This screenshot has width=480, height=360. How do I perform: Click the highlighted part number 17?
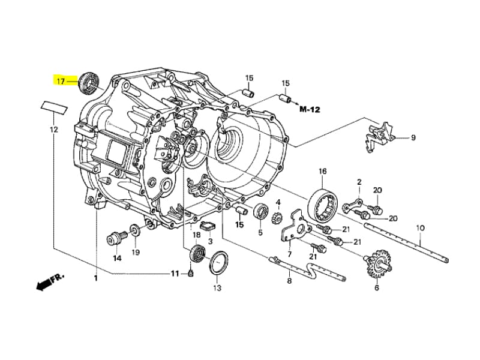(61, 80)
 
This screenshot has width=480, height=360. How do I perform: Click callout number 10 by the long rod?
(419, 228)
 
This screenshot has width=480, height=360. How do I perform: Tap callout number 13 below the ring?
(217, 288)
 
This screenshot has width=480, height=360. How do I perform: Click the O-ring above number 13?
(218, 262)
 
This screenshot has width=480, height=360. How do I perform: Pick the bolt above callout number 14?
(115, 238)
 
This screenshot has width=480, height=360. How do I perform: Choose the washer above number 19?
(135, 229)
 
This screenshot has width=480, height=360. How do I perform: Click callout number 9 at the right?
(413, 138)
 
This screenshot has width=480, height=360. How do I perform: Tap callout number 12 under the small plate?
(53, 129)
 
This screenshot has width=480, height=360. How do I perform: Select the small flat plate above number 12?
(53, 107)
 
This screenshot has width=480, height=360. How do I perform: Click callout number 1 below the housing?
(95, 278)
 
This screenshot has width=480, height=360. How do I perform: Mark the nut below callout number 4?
(278, 217)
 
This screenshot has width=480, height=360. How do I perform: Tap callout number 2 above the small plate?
(359, 182)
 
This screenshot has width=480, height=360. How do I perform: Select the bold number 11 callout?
(175, 274)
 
